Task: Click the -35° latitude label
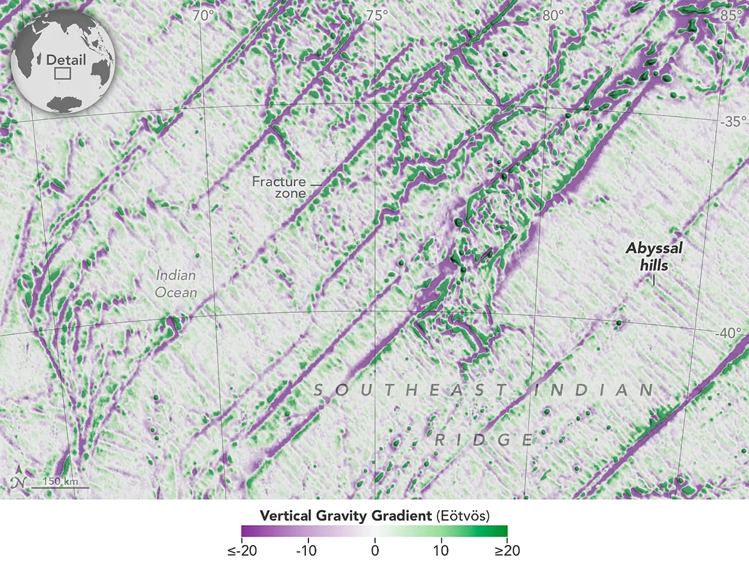tap(730, 122)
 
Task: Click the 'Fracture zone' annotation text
tap(279, 187)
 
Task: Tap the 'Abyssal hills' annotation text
tap(654, 257)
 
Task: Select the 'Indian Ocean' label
tap(176, 284)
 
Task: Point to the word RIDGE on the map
tap(484, 440)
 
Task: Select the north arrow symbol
tap(21, 478)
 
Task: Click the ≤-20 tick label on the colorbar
tap(242, 551)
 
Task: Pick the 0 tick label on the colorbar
tap(374, 551)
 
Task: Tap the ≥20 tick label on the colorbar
tap(507, 551)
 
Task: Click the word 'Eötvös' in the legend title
tap(463, 516)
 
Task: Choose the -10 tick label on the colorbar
tap(307, 551)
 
